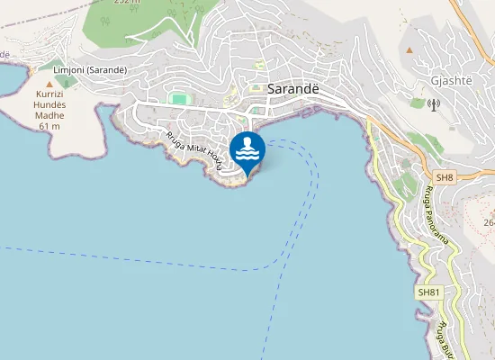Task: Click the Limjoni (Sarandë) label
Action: point(89,70)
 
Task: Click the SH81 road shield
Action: point(427,292)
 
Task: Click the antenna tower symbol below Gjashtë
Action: point(434,104)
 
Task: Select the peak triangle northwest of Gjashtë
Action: point(409,49)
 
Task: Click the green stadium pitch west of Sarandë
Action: point(179,97)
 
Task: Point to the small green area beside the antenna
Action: point(418,103)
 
